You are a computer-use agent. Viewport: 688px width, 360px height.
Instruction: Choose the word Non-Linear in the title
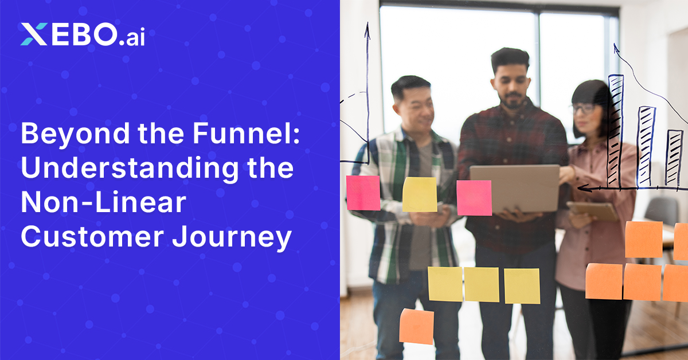[x=103, y=204]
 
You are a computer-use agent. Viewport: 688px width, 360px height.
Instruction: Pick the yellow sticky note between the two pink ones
[x=419, y=194]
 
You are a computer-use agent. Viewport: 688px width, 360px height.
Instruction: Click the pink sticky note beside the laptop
[x=474, y=198]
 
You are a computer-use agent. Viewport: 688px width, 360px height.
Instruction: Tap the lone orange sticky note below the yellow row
[x=417, y=326]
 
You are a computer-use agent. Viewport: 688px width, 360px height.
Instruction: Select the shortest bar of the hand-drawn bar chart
[x=674, y=157]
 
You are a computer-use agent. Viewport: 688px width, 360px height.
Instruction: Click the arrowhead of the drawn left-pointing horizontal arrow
[x=581, y=187]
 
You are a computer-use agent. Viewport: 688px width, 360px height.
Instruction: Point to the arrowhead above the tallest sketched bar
[x=616, y=49]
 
